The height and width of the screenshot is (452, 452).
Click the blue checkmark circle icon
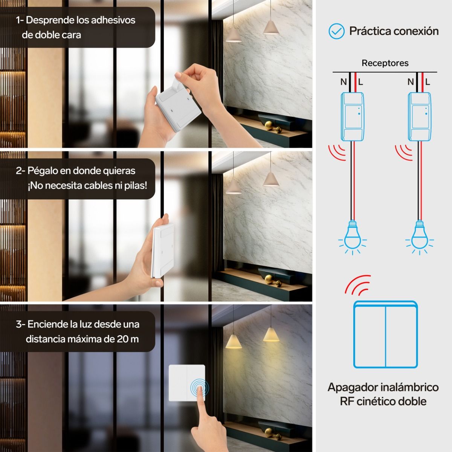[x=336, y=31]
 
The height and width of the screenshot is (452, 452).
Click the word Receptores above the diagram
[x=385, y=63]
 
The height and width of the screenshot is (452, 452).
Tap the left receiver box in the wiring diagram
[x=352, y=116]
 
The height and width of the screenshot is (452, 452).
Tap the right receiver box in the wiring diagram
[x=420, y=116]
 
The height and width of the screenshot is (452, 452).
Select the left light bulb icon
[x=352, y=237]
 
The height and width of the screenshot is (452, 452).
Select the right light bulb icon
[x=420, y=237]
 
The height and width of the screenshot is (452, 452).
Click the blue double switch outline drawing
[x=385, y=334]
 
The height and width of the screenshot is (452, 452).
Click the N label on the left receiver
[x=344, y=82]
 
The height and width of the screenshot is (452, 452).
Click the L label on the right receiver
[x=428, y=82]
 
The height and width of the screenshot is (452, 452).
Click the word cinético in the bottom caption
[x=377, y=401]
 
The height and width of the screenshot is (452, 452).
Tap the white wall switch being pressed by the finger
[x=187, y=383]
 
